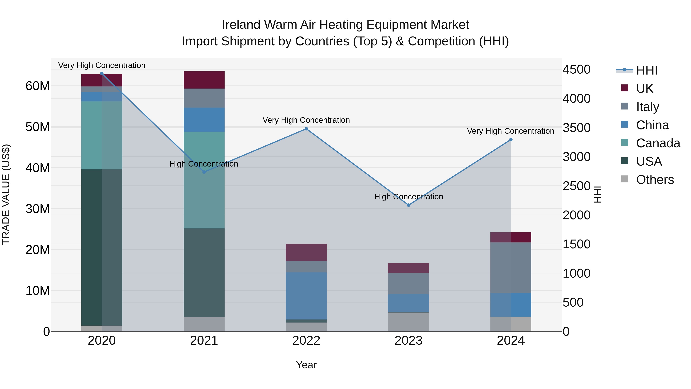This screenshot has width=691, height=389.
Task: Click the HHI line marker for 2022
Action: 306,129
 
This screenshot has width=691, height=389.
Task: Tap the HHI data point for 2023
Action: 408,205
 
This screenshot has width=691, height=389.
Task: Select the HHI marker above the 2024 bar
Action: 511,140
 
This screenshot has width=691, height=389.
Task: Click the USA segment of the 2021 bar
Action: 204,272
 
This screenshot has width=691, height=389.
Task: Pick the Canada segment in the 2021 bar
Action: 204,180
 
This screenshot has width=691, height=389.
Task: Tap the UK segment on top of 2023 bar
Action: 408,268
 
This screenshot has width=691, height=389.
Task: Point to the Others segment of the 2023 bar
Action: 408,322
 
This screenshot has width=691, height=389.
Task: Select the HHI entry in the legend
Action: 646,70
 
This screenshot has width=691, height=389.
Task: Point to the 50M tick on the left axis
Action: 38,127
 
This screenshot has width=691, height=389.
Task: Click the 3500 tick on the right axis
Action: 576,128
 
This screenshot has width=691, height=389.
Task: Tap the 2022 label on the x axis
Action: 306,341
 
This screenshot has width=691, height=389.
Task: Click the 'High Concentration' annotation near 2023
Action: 408,197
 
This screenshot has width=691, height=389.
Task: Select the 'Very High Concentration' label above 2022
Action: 306,120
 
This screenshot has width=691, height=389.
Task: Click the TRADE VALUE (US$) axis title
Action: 6,194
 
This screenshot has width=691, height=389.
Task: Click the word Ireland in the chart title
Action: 241,25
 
